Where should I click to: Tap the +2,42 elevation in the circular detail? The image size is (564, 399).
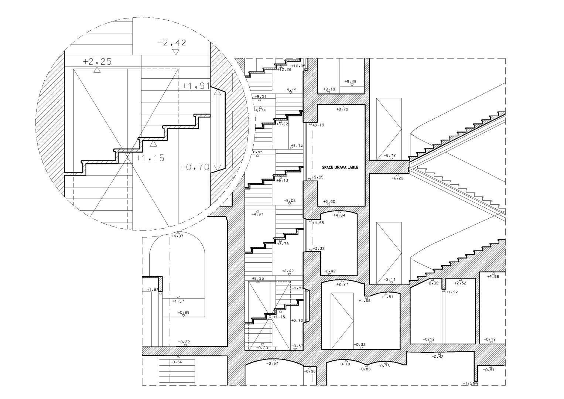[171, 43]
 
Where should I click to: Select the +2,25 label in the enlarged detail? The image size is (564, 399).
[97, 62]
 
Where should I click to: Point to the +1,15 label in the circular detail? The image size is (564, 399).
[150, 158]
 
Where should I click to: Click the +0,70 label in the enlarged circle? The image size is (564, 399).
[195, 167]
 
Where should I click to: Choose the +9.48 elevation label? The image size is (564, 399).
[350, 82]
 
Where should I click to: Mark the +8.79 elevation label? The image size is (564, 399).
[342, 109]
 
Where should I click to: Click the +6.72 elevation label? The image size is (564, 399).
[390, 156]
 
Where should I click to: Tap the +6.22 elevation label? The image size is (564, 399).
[397, 178]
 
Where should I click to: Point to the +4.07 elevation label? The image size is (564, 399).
[178, 236]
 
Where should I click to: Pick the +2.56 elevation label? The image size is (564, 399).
[493, 277]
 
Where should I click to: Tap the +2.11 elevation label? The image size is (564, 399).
[390, 279]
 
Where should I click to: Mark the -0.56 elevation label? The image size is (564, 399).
[177, 362]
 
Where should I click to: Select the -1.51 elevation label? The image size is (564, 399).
[469, 383]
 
